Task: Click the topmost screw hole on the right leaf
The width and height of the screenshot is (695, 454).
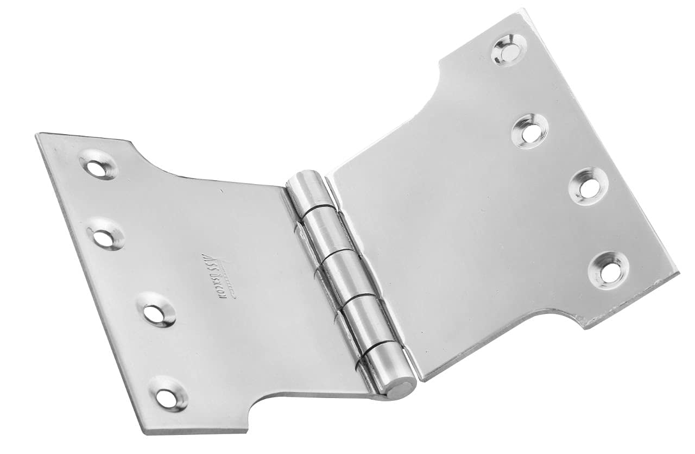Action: tap(509, 49)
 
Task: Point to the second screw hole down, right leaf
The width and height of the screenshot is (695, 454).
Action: tap(530, 130)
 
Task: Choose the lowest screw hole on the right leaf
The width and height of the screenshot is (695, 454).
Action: tap(609, 269)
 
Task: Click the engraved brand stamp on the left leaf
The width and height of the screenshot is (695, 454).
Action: tap(213, 276)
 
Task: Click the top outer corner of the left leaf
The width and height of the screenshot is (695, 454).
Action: tap(38, 135)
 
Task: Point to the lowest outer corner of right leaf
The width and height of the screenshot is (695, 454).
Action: tap(584, 326)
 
